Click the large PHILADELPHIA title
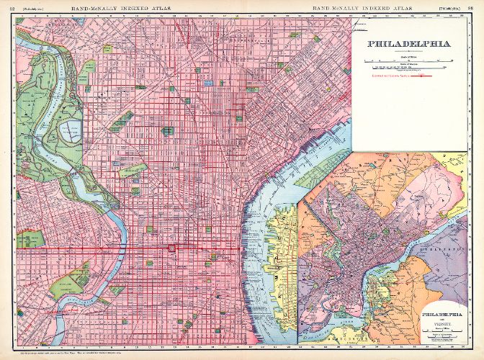coord(408,43)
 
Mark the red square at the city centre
coord(171,248)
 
